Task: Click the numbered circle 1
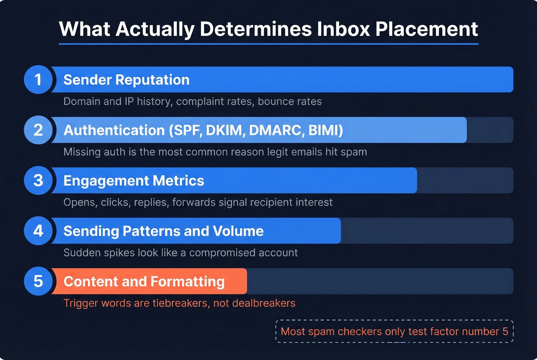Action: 38,79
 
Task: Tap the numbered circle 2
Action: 38,130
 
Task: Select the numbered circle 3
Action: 38,180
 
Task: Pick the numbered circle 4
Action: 38,231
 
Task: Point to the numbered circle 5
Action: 38,281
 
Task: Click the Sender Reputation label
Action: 126,80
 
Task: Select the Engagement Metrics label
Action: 133,181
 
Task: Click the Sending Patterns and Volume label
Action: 163,231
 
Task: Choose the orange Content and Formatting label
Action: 144,281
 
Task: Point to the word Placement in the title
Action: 427,29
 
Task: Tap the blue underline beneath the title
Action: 268,44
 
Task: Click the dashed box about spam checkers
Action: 394,331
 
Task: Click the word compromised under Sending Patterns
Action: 222,253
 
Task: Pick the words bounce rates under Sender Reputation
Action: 290,102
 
